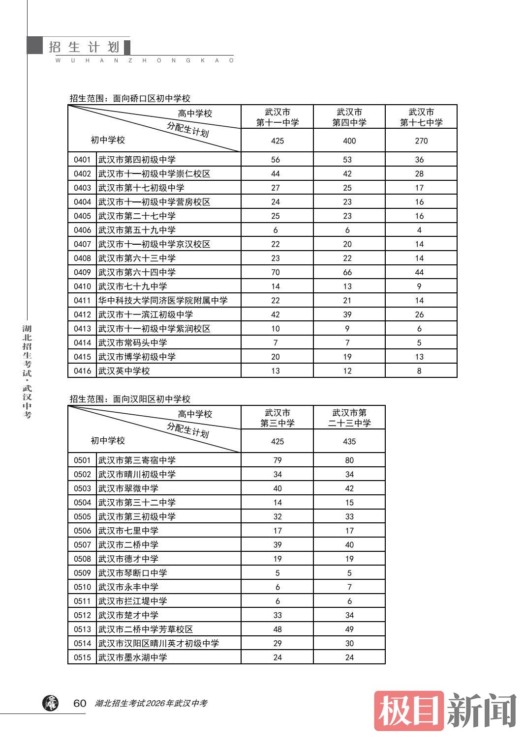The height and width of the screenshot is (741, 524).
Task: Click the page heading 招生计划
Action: click(x=84, y=47)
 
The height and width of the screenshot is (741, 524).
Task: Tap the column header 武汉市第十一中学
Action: click(x=277, y=117)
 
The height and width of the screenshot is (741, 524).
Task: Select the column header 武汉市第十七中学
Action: click(x=421, y=117)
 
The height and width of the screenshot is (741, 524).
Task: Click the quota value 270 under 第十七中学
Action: click(x=421, y=141)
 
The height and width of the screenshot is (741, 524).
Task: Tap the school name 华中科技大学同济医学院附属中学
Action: click(x=163, y=301)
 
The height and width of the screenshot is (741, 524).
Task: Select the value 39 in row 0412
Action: click(x=347, y=315)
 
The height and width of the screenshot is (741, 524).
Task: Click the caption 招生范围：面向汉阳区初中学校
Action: click(x=130, y=399)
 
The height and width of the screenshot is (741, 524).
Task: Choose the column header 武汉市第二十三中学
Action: click(x=349, y=418)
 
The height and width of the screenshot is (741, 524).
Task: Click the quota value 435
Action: click(x=349, y=442)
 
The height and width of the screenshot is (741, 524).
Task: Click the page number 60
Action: click(x=80, y=703)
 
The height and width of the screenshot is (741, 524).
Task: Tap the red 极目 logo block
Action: click(x=409, y=711)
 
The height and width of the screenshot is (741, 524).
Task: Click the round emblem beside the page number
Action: click(x=50, y=703)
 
